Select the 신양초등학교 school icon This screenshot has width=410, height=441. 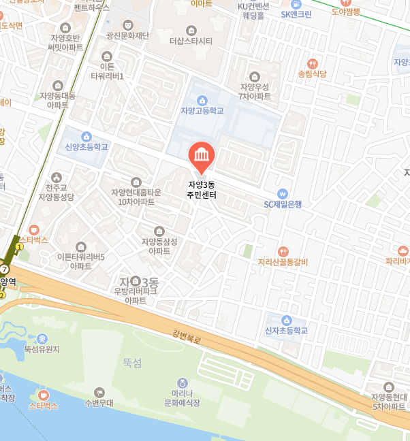[x=86, y=136]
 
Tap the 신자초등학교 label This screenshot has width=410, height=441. [x=286, y=331]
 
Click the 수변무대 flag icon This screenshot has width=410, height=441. [x=99, y=392]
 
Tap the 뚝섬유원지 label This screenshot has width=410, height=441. [x=42, y=349]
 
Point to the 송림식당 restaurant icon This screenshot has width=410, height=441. [x=313, y=63]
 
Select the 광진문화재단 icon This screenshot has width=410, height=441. [x=127, y=22]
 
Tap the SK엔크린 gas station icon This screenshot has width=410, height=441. [x=296, y=3]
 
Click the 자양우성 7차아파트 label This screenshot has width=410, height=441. [x=255, y=91]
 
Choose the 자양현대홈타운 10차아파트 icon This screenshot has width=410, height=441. [x=136, y=182]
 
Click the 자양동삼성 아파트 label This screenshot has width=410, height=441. [x=159, y=246]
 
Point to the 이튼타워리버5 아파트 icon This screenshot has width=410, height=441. [x=81, y=246]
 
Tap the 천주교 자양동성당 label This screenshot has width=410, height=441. [x=56, y=193]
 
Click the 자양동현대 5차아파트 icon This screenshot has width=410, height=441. [x=389, y=387]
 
